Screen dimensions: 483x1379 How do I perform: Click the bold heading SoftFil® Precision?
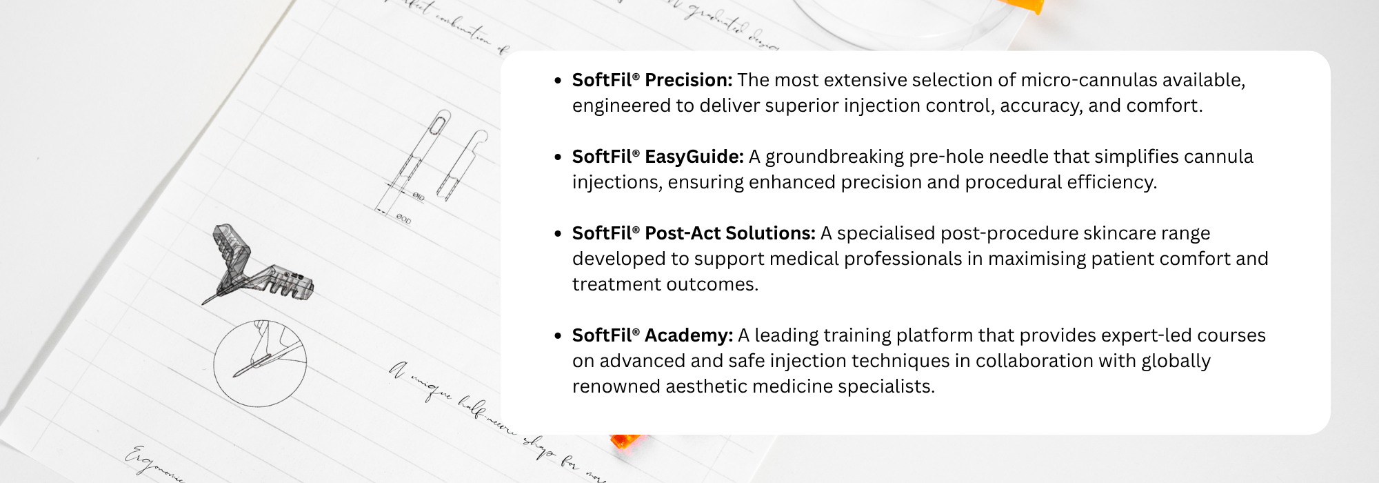tap(652, 80)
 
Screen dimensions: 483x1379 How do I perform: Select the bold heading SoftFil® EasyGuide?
tap(657, 157)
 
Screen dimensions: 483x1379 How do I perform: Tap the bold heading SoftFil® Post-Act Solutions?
tap(693, 233)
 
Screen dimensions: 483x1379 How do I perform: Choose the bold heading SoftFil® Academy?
tap(652, 335)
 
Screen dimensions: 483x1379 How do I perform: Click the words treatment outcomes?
tap(665, 284)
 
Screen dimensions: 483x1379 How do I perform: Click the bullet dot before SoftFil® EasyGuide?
tap(558, 157)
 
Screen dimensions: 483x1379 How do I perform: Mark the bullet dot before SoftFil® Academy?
tap(558, 336)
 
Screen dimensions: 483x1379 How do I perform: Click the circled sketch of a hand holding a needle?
tap(260, 362)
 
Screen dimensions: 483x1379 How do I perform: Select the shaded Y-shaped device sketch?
tap(255, 266)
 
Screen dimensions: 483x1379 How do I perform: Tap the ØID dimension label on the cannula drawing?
tap(419, 197)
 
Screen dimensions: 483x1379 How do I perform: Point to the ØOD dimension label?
tap(403, 220)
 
